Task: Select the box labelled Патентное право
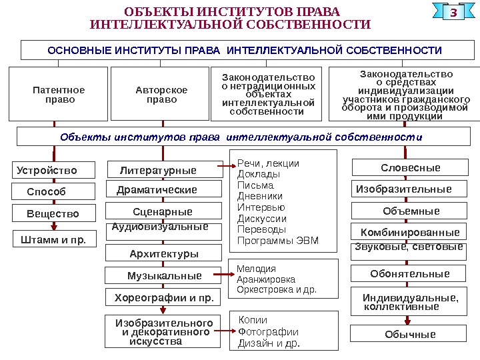click(59, 94)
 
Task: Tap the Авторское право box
click(161, 94)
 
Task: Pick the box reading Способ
click(47, 192)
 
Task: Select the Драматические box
click(157, 190)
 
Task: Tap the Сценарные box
click(162, 212)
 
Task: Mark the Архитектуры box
click(164, 254)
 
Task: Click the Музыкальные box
click(164, 275)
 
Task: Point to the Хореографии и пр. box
click(164, 297)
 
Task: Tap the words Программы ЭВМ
click(278, 241)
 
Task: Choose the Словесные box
click(411, 167)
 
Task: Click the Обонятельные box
click(410, 274)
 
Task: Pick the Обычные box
click(410, 335)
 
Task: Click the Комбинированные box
click(410, 233)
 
